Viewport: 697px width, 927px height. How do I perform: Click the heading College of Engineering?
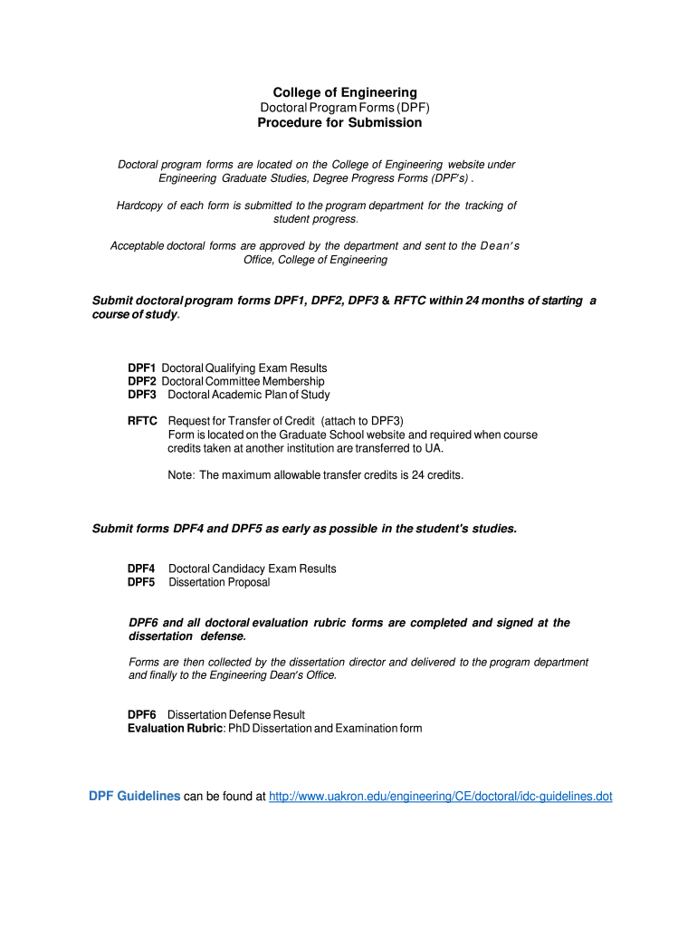345,92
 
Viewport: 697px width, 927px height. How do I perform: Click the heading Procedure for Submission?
339,122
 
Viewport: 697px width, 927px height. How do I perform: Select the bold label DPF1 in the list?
142,368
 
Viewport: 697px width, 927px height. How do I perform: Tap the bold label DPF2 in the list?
142,382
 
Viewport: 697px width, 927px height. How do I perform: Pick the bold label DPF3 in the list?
142,395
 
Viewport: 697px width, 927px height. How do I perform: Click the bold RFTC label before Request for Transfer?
143,421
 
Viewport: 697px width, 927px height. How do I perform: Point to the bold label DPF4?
142,569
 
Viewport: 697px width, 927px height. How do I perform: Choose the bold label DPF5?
142,582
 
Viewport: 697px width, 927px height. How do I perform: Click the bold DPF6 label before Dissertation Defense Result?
142,715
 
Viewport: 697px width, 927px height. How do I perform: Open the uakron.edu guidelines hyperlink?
441,797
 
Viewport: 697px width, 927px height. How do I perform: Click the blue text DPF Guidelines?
134,797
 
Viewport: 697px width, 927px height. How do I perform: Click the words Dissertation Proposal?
219,582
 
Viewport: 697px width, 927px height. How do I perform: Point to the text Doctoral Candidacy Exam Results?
253,569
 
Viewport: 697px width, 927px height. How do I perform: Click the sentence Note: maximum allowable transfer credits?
316,474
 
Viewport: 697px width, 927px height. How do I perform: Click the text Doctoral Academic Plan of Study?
249,395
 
